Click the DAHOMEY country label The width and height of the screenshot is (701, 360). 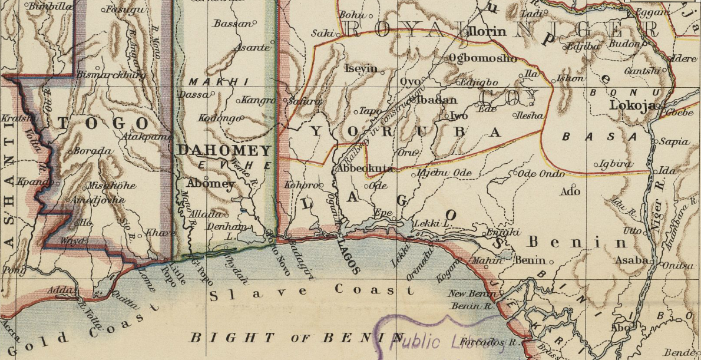tap(223, 150)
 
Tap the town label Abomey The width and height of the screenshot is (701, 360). tap(210, 183)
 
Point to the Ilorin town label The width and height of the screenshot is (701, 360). tap(487, 31)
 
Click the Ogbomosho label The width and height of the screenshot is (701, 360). tap(482, 58)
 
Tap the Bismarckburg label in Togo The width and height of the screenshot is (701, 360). tap(111, 75)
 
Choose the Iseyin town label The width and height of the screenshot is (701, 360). tap(360, 68)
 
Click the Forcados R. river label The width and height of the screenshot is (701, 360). tap(490, 342)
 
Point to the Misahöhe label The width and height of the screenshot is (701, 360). tap(111, 186)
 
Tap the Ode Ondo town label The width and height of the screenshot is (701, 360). tap(540, 173)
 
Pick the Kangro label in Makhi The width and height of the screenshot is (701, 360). tap(259, 100)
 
